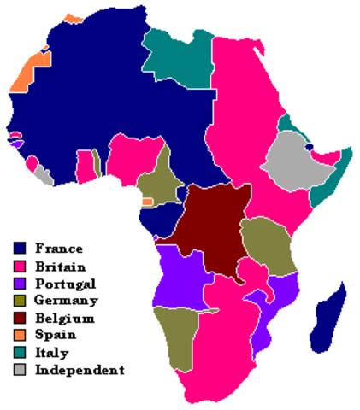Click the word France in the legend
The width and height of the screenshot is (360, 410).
pyautogui.click(x=59, y=249)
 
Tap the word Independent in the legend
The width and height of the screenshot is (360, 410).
pyautogui.click(x=80, y=370)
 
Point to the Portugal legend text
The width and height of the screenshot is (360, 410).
pyautogui.click(x=65, y=284)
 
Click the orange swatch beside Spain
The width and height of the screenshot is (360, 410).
pyautogui.click(x=21, y=336)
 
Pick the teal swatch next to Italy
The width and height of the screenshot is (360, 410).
pyautogui.click(x=21, y=353)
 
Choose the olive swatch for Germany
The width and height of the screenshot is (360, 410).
pyautogui.click(x=21, y=301)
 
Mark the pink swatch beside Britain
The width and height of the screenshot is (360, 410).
pyautogui.click(x=21, y=266)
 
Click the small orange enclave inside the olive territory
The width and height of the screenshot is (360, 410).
pyautogui.click(x=147, y=202)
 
